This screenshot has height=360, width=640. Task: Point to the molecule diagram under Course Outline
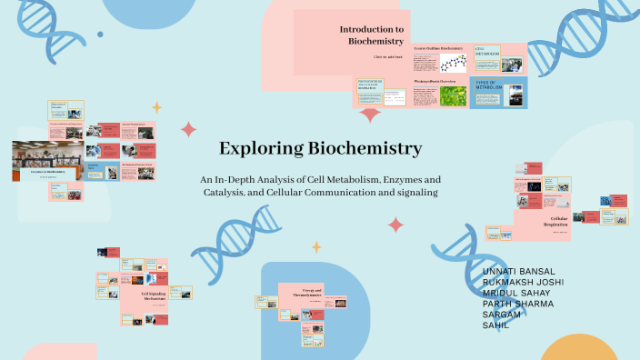[452, 63]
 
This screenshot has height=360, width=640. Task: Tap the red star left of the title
[188, 128]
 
